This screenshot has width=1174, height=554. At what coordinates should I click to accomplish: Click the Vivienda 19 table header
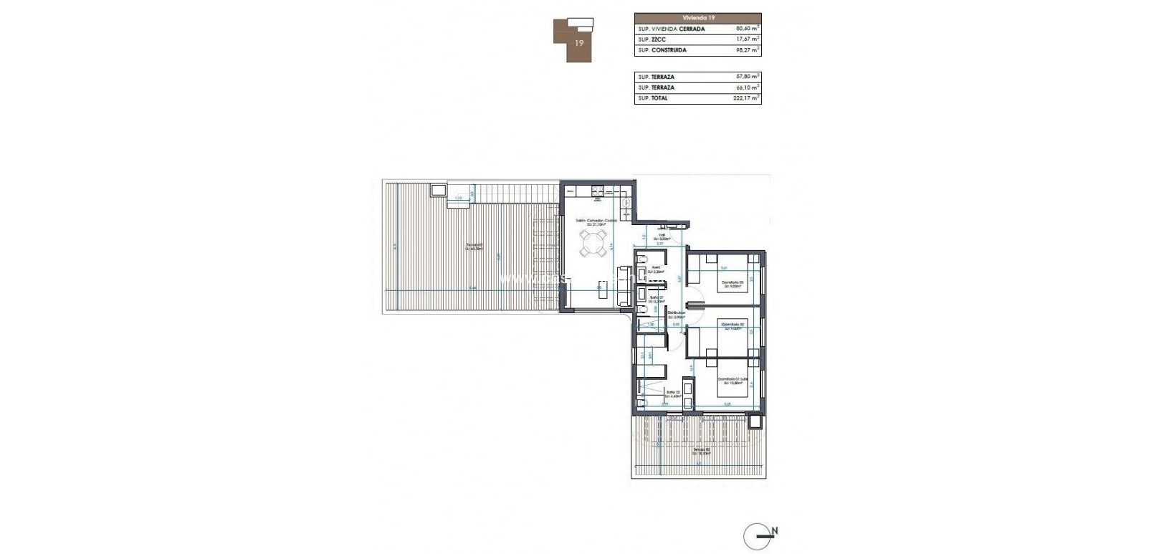point(697,18)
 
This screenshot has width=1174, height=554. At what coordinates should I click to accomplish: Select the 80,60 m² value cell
point(748,29)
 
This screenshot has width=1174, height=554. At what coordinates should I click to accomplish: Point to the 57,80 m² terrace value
point(748,76)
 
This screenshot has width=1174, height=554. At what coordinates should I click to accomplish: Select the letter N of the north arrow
point(775,532)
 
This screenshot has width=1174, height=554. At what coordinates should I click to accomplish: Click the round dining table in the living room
point(593,247)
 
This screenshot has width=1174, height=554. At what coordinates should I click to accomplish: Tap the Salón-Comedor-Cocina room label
point(596,220)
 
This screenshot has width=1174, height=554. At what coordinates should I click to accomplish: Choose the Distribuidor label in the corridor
point(677,312)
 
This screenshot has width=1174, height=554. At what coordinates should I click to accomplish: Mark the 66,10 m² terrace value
point(748,87)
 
